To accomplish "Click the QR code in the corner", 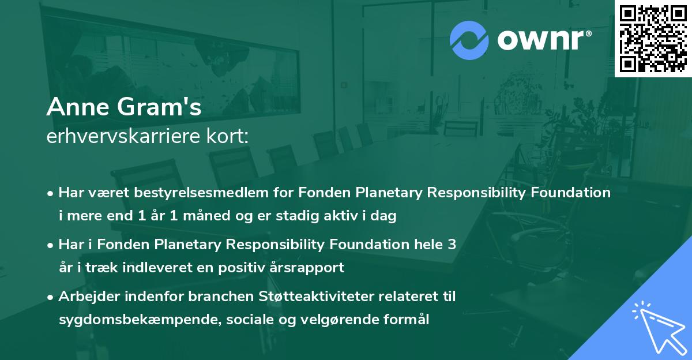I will point(653,38).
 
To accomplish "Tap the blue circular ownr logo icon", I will point(469,39).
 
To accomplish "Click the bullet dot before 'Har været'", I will point(51,193).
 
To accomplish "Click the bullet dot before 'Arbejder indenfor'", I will point(51,297).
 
